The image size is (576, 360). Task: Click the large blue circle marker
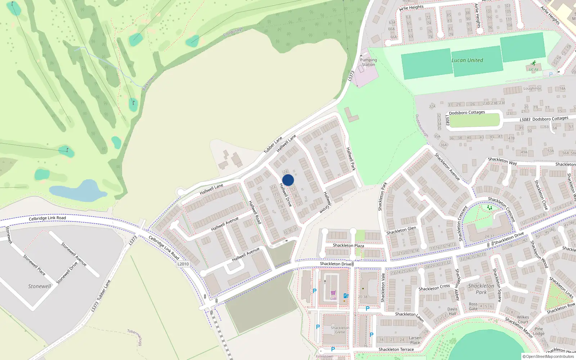pos(288,180)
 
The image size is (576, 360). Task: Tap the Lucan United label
pos(467,60)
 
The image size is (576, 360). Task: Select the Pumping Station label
pos(368,62)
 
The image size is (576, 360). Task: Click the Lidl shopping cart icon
pos(333,293)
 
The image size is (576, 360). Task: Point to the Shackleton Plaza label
pos(348,246)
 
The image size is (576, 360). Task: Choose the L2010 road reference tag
pos(183,264)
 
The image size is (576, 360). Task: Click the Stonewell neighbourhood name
pos(40,286)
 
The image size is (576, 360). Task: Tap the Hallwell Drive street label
pos(285,194)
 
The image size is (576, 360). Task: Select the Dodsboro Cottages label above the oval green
pos(467,113)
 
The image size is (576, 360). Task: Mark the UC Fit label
pos(534,69)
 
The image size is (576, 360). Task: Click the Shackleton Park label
pos(481,289)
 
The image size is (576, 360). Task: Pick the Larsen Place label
pos(415,340)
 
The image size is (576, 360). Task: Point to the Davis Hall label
pos(453,311)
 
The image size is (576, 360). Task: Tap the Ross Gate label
pos(473,306)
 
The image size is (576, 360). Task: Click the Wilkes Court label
pos(523,320)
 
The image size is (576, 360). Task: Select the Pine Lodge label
pos(539,331)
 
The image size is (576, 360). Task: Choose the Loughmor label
pos(532,89)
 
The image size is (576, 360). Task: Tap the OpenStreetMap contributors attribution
pos(548,357)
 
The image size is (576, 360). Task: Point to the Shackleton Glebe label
pos(340,330)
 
